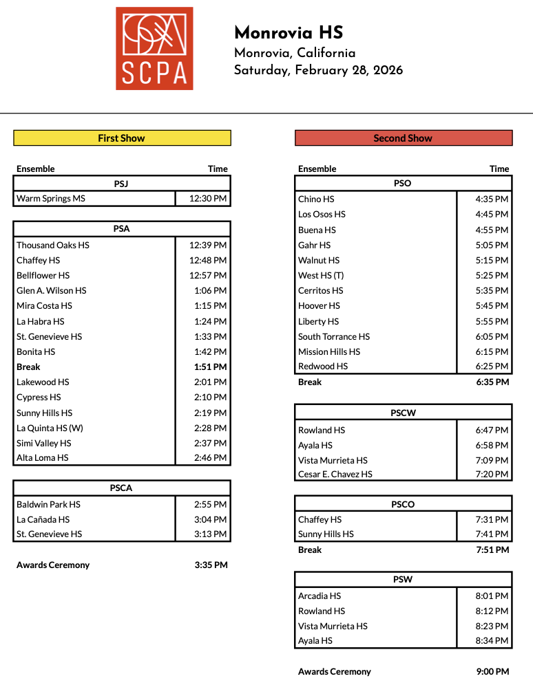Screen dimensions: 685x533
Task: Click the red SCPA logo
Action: [x=154, y=48]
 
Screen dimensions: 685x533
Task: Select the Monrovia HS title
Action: [x=289, y=33]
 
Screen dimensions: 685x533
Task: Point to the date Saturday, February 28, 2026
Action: [x=318, y=70]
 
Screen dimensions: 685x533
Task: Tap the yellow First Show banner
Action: [x=122, y=138]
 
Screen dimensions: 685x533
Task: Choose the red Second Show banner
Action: [x=403, y=138]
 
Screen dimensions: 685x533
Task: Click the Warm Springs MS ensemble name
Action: [x=43, y=199]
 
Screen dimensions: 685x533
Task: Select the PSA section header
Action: [x=121, y=229]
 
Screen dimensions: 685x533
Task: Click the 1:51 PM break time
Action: [x=210, y=367]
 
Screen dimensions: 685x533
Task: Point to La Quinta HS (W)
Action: [x=50, y=428]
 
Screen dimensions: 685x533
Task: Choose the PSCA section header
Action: [x=121, y=488]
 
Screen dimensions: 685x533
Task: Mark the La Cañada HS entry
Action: [x=43, y=520]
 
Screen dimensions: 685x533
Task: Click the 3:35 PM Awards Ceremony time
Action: [x=211, y=565]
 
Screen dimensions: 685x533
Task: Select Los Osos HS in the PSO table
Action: [x=322, y=215]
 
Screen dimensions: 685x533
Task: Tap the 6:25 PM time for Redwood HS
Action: [x=492, y=367]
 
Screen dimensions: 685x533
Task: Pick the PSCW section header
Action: [x=403, y=413]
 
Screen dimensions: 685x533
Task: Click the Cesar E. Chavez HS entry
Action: [x=335, y=475]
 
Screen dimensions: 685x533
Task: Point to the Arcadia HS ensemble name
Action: [x=320, y=596]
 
